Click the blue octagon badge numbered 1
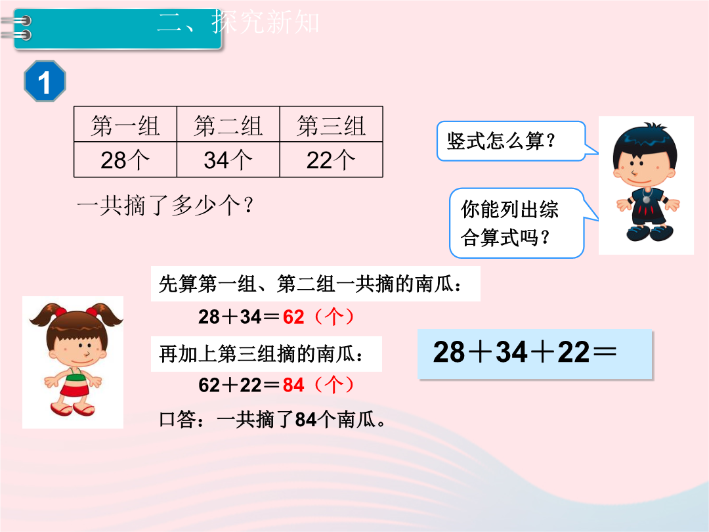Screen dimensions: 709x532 pos(45,81)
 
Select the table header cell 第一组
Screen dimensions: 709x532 pos(125,124)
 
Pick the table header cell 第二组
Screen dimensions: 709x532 pos(228,124)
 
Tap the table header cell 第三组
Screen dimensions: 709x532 pos(332,124)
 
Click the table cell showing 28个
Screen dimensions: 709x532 pos(125,160)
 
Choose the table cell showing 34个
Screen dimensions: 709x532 pos(228,160)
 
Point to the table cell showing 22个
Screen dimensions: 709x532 pos(332,160)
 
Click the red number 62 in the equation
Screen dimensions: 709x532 pos(293,317)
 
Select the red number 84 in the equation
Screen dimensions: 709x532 pos(293,385)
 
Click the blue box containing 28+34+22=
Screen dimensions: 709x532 pos(535,354)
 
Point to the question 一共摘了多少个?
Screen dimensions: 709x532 pos(165,206)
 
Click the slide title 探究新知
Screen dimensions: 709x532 pos(265,22)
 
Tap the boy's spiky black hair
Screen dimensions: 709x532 pos(645,141)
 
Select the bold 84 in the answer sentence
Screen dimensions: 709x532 pos(306,420)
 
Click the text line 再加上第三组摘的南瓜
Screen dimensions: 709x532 pos(261,354)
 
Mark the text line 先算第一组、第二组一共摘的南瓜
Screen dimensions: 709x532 pos(310,284)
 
